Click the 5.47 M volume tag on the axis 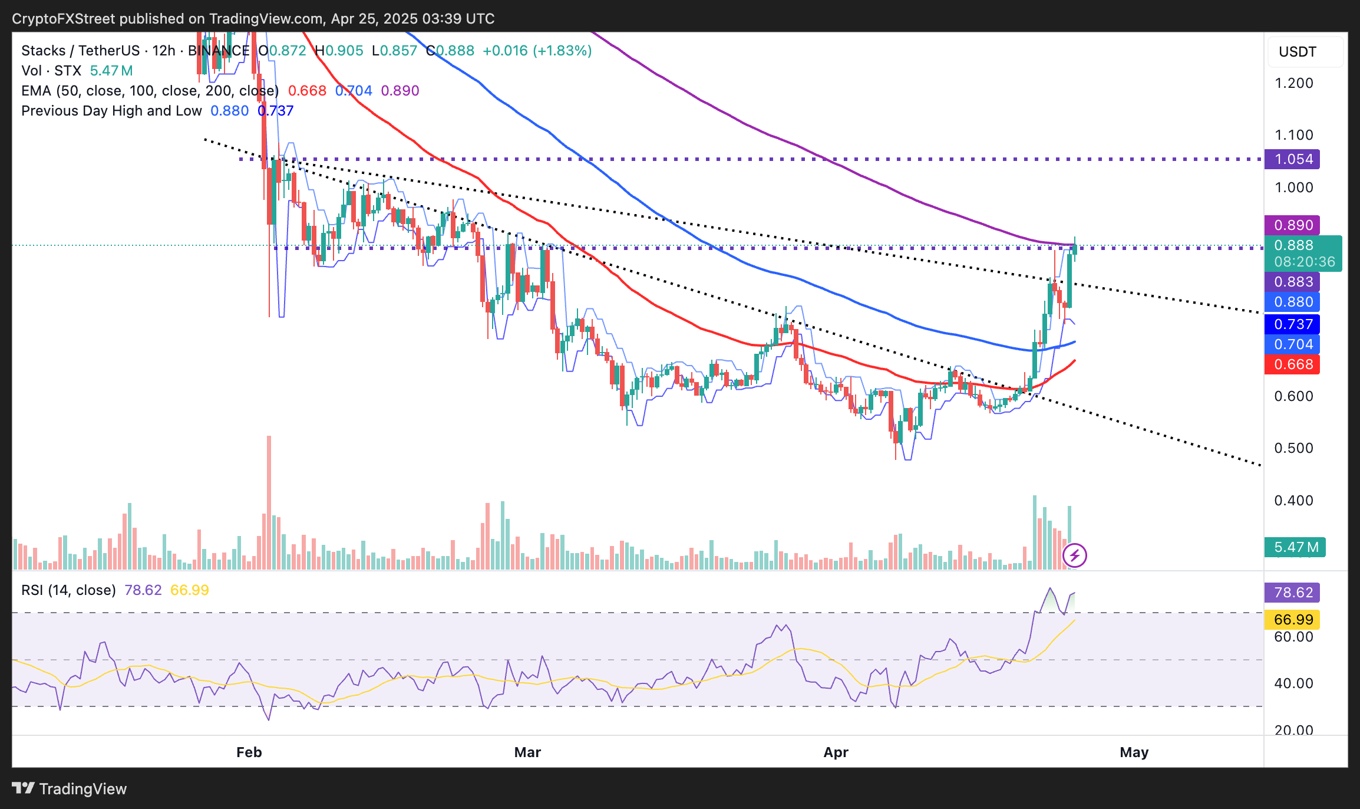coord(1295,547)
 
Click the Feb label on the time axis coord(249,752)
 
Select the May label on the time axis coord(1134,752)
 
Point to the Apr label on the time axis coord(836,752)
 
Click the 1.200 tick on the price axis coord(1293,83)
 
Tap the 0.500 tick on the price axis coord(1293,448)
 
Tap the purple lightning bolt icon coord(1075,555)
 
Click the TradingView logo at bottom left coord(70,788)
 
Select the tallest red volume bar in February coord(269,501)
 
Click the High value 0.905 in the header coord(339,51)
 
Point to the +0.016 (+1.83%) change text coord(537,51)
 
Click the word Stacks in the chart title coord(43,51)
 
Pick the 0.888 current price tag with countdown coord(1303,254)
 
